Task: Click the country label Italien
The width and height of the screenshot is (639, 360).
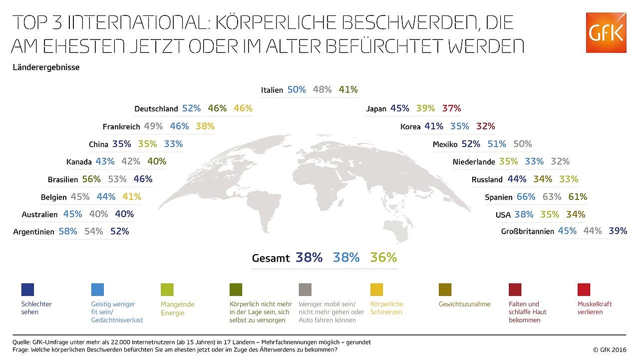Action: (x=272, y=90)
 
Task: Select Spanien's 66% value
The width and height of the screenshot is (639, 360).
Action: (x=526, y=197)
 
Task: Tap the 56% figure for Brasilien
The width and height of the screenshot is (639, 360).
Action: (x=91, y=179)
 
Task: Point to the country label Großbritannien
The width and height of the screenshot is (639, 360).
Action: (x=528, y=232)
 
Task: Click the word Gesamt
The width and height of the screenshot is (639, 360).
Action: (x=271, y=258)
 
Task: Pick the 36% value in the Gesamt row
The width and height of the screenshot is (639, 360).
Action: (x=383, y=258)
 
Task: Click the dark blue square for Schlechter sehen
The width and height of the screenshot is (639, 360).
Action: (x=28, y=290)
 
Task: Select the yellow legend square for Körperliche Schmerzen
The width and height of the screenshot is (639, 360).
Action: (x=377, y=290)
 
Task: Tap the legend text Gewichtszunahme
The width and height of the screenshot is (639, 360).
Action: (x=464, y=304)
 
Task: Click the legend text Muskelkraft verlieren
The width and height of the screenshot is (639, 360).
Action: (x=594, y=308)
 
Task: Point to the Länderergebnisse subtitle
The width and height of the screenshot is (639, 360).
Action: (x=46, y=67)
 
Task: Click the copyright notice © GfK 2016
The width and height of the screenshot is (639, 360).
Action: (x=609, y=350)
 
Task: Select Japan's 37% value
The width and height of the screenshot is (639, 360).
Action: (x=451, y=108)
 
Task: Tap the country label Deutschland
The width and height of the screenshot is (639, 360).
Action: (x=156, y=109)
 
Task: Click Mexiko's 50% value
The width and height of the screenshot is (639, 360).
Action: (x=522, y=144)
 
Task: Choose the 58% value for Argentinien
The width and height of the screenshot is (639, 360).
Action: (x=67, y=232)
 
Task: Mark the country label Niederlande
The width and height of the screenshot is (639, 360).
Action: (x=474, y=162)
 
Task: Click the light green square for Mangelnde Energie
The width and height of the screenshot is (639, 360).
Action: (x=167, y=290)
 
